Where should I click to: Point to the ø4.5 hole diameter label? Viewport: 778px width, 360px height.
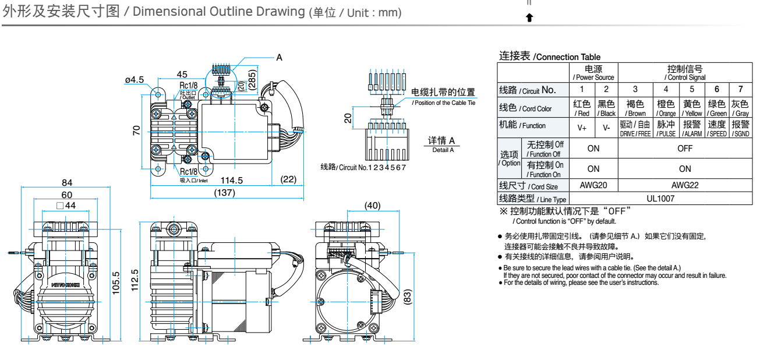[134, 80]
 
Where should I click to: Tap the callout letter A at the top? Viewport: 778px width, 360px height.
[279, 58]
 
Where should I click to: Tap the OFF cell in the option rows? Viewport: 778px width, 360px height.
[685, 149]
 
